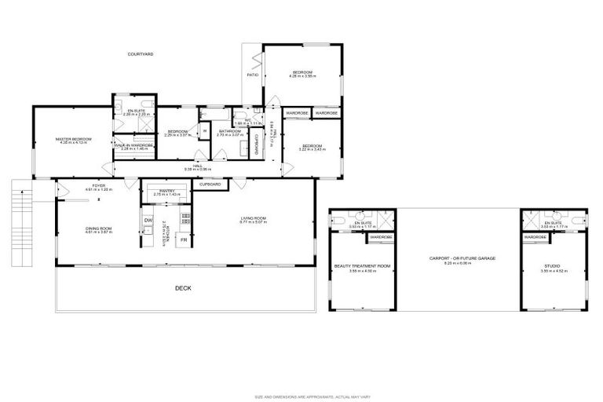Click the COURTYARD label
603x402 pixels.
141,54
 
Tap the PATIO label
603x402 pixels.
253,75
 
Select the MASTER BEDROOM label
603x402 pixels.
74,139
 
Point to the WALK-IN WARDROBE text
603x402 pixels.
133,145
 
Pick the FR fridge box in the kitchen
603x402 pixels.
185,240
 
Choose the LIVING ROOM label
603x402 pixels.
254,218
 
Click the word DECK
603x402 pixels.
183,289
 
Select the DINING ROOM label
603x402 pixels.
100,228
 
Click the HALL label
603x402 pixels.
199,166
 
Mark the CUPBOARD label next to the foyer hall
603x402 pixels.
210,184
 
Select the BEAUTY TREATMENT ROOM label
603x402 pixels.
362,266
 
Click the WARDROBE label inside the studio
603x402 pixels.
535,236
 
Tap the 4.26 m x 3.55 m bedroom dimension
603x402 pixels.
301,77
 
